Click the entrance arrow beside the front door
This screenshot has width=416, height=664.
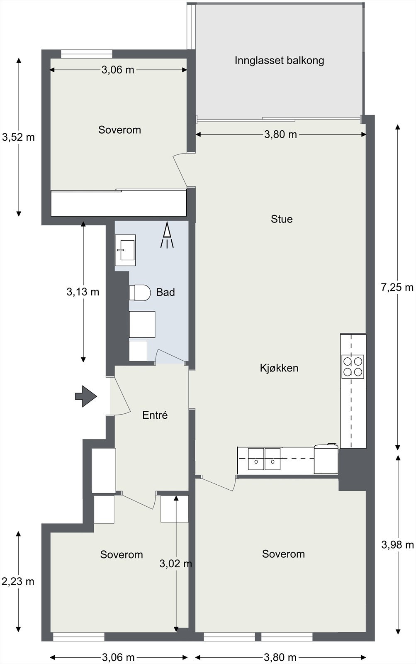point(86,396)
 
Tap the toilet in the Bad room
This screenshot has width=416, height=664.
point(139,293)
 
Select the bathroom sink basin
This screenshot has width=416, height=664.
point(125,250)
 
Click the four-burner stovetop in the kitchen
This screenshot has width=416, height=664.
point(353,367)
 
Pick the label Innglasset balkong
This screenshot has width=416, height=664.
point(279,61)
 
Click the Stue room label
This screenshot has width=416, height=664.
point(282,219)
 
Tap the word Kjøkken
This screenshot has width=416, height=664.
point(279,368)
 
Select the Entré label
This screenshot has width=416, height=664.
point(155,415)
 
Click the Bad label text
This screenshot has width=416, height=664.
point(165,292)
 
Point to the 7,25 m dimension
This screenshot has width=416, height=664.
point(397,287)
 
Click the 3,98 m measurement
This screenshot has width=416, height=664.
point(397,544)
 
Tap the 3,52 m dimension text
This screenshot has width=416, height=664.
point(18,137)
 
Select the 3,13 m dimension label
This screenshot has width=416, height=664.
point(83,292)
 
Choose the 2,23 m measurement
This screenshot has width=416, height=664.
point(18,581)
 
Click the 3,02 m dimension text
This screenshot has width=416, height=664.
point(176,563)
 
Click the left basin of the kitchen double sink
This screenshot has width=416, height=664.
point(256,459)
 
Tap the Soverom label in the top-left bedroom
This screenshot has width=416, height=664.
point(120,130)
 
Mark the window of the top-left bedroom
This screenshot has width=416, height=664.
point(87,54)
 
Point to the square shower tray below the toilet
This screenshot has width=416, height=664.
point(142,324)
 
